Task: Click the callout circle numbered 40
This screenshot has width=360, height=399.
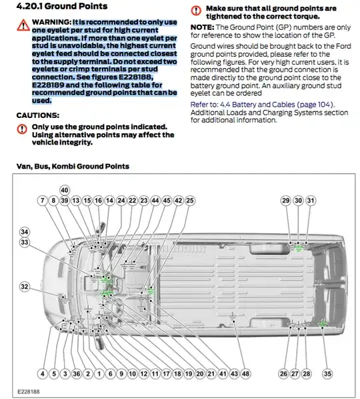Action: [64, 190]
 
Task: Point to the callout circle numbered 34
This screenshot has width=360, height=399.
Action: [25, 232]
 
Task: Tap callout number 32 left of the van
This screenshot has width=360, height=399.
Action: [25, 286]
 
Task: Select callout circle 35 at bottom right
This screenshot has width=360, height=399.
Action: [327, 374]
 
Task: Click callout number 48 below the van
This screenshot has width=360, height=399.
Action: [245, 374]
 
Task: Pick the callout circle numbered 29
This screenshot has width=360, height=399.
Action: [285, 200]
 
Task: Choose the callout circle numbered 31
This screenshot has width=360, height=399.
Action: [311, 200]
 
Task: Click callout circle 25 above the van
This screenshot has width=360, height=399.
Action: [189, 200]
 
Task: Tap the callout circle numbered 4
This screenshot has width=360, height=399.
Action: [42, 374]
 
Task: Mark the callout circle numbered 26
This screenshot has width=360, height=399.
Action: [283, 374]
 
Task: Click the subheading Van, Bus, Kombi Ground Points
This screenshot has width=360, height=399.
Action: [73, 166]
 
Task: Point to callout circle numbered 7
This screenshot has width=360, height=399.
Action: [42, 200]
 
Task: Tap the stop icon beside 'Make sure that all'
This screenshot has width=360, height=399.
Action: [195, 10]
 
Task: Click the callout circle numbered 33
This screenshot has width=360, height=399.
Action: [25, 242]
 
